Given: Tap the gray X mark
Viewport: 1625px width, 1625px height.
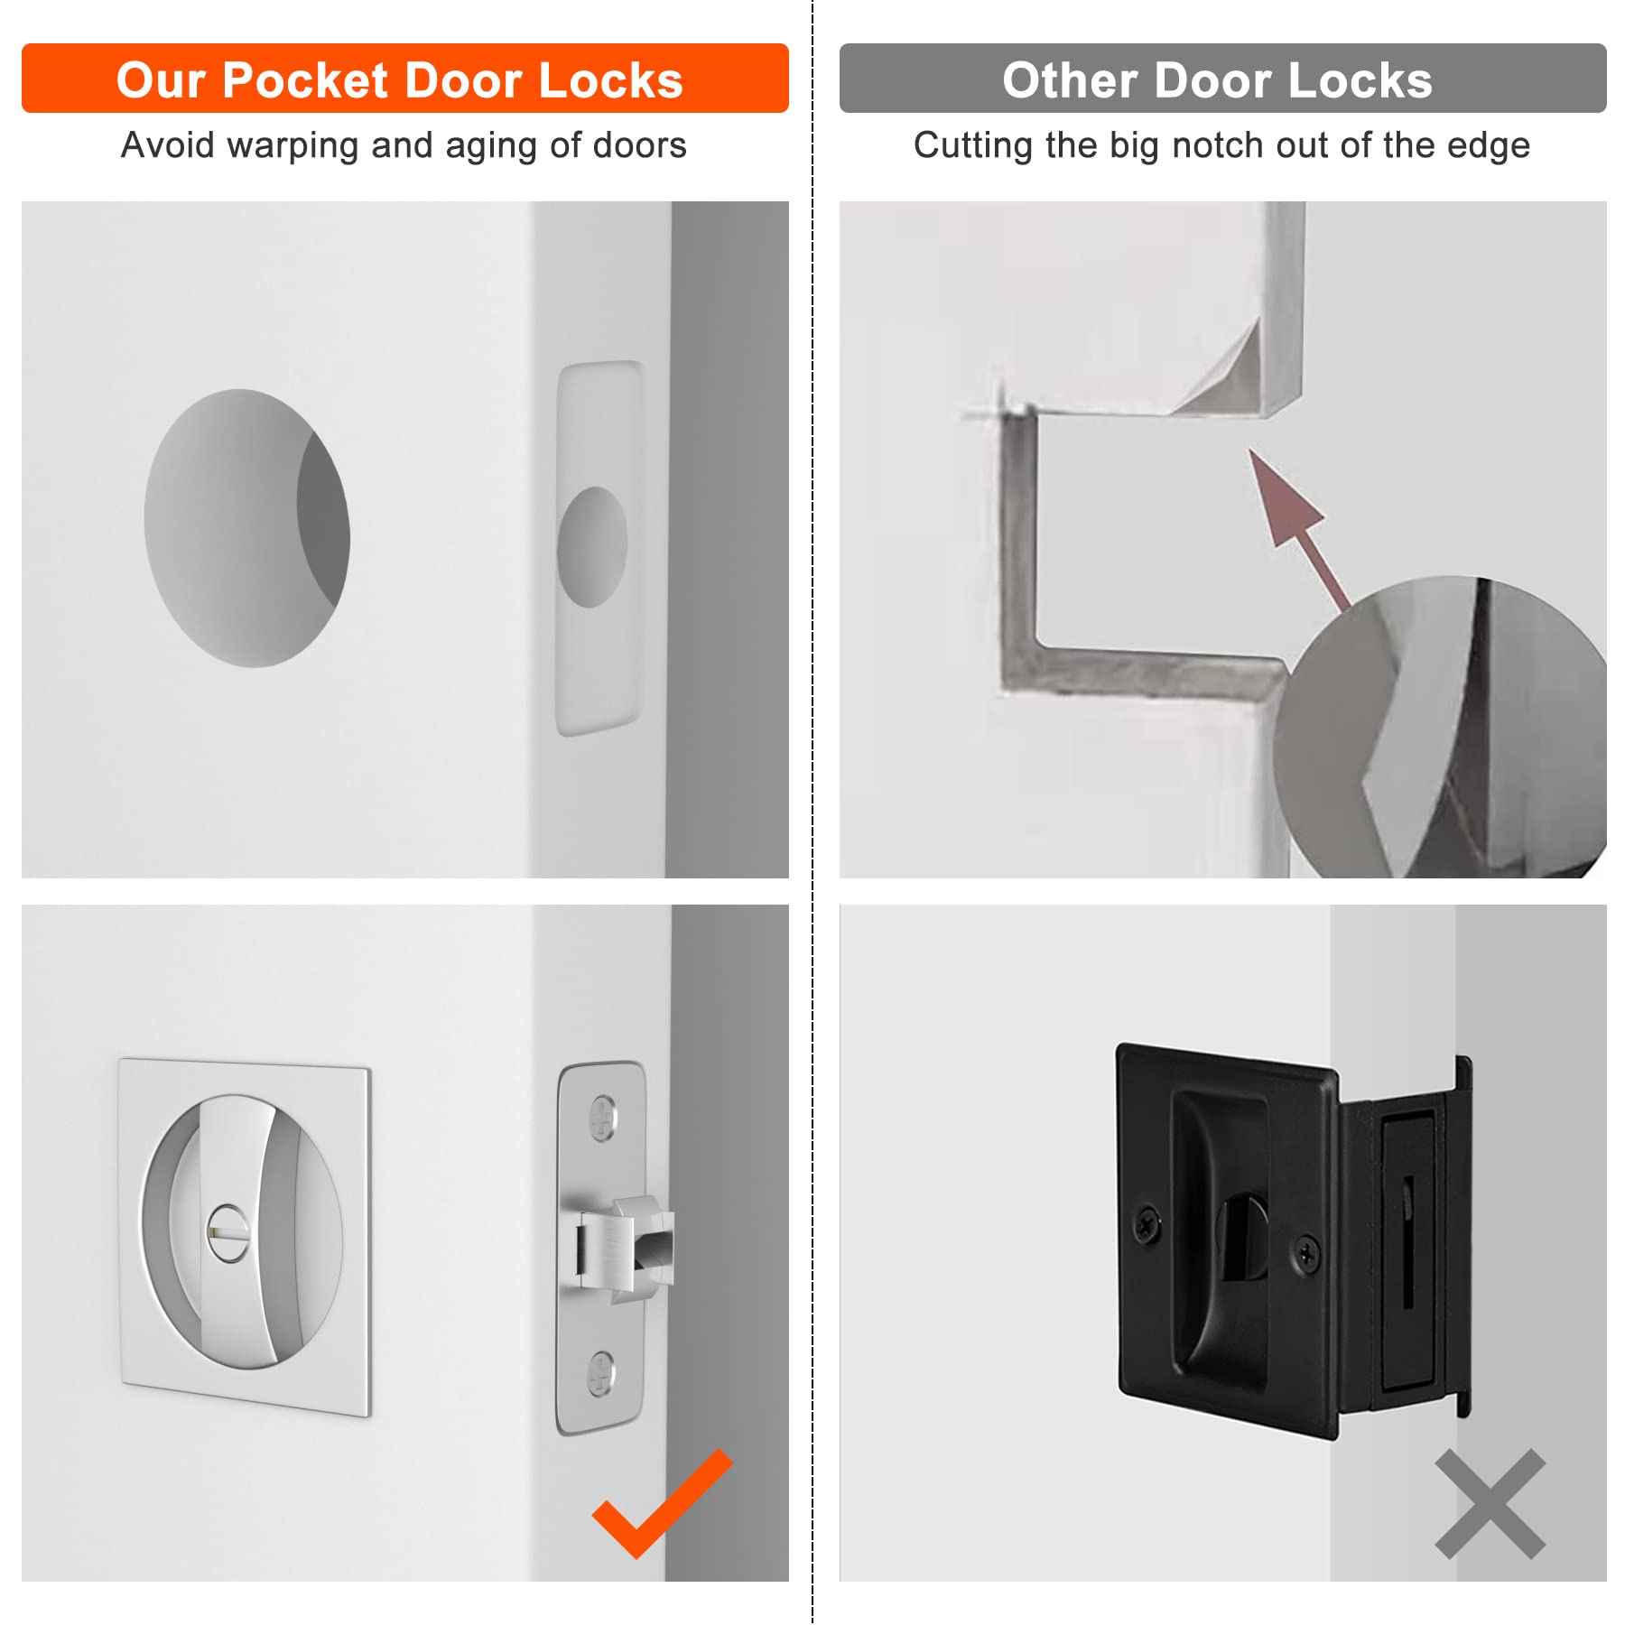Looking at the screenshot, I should (x=1490, y=1504).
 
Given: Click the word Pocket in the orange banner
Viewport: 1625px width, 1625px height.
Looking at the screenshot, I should (x=305, y=80).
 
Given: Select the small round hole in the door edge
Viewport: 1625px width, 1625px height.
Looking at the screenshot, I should (x=592, y=547).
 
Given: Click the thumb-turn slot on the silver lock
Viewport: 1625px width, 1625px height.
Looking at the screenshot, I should (x=227, y=1233).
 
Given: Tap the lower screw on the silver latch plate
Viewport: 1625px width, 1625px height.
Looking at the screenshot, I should (x=601, y=1373).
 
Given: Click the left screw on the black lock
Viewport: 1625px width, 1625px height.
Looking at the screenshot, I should (x=1147, y=1226).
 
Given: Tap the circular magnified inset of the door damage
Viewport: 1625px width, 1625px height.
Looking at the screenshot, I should (x=1444, y=731).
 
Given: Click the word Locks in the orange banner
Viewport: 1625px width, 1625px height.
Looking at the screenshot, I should (x=611, y=80).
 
